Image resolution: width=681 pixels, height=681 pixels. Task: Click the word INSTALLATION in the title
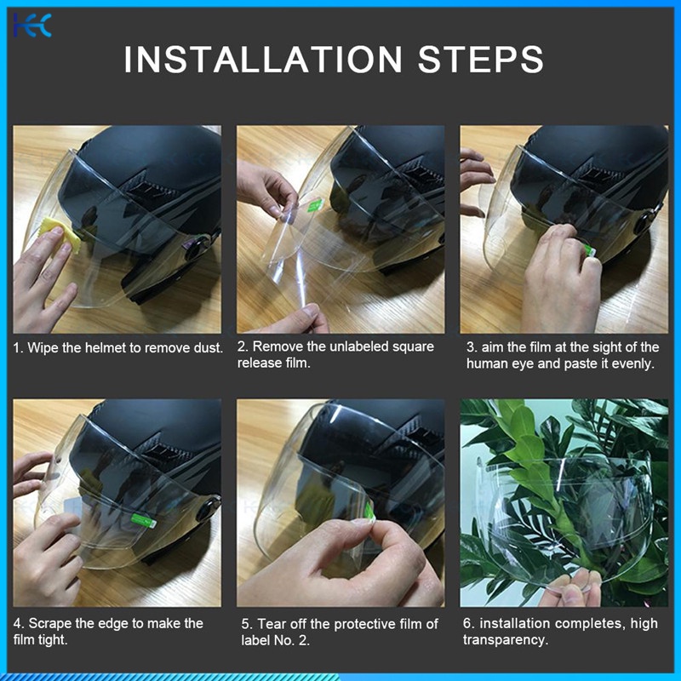coord(263,59)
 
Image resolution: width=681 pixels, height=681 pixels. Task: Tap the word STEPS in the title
coord(481,59)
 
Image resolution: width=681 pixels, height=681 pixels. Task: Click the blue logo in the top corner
coord(32,26)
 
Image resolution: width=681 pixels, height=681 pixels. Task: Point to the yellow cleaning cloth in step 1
coord(61,236)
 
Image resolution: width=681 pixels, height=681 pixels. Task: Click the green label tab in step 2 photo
coord(315,204)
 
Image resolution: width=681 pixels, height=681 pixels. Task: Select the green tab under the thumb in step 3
coord(589,250)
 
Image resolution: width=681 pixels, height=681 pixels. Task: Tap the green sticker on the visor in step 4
coord(143,520)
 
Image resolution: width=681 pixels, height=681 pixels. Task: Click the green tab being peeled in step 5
coord(369,511)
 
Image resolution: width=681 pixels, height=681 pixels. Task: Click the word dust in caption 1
coord(209,348)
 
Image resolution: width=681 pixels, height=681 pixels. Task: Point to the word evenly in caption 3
coord(632,364)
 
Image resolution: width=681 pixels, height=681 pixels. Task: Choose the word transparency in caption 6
coord(505,640)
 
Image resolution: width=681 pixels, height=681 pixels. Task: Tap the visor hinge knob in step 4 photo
coord(208,509)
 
